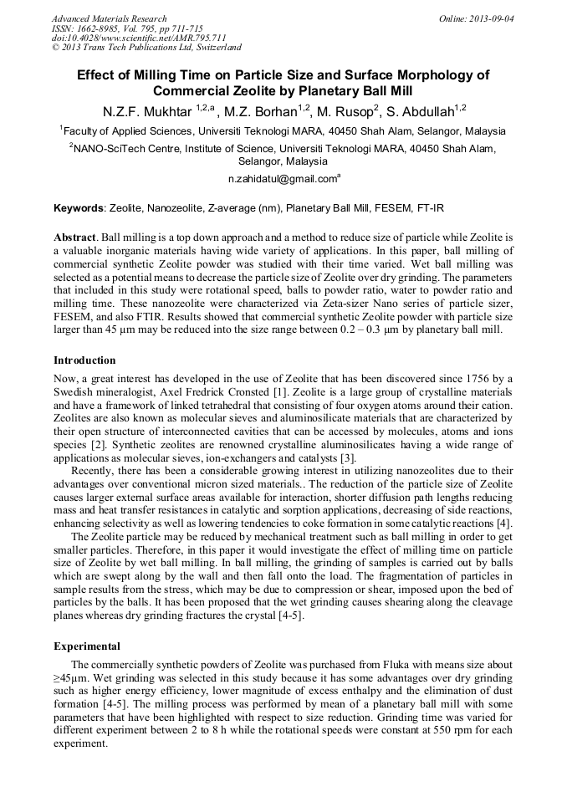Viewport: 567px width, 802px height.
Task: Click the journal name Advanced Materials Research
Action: pos(109,18)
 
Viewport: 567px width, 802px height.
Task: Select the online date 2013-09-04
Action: pos(491,18)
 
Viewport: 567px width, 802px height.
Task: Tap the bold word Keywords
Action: pos(79,207)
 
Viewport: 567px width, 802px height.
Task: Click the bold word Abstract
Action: pos(74,238)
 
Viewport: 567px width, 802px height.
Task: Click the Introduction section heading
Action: pos(84,360)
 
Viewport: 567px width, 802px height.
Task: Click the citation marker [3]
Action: pos(348,457)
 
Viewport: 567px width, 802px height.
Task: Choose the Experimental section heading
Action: pos(86,646)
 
